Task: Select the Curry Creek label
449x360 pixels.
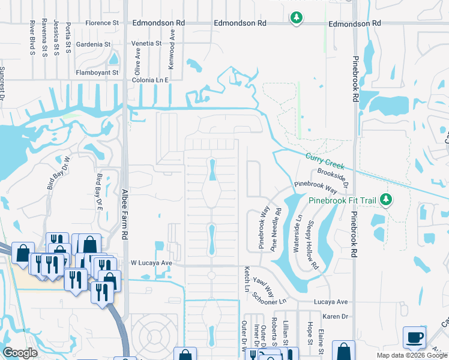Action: click(324, 161)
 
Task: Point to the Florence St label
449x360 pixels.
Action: click(102, 23)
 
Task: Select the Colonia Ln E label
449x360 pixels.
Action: click(151, 79)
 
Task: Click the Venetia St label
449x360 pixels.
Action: click(146, 44)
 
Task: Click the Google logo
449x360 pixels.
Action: click(20, 353)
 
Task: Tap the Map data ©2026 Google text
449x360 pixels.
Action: click(411, 355)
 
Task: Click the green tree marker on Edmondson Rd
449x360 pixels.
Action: click(295, 18)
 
